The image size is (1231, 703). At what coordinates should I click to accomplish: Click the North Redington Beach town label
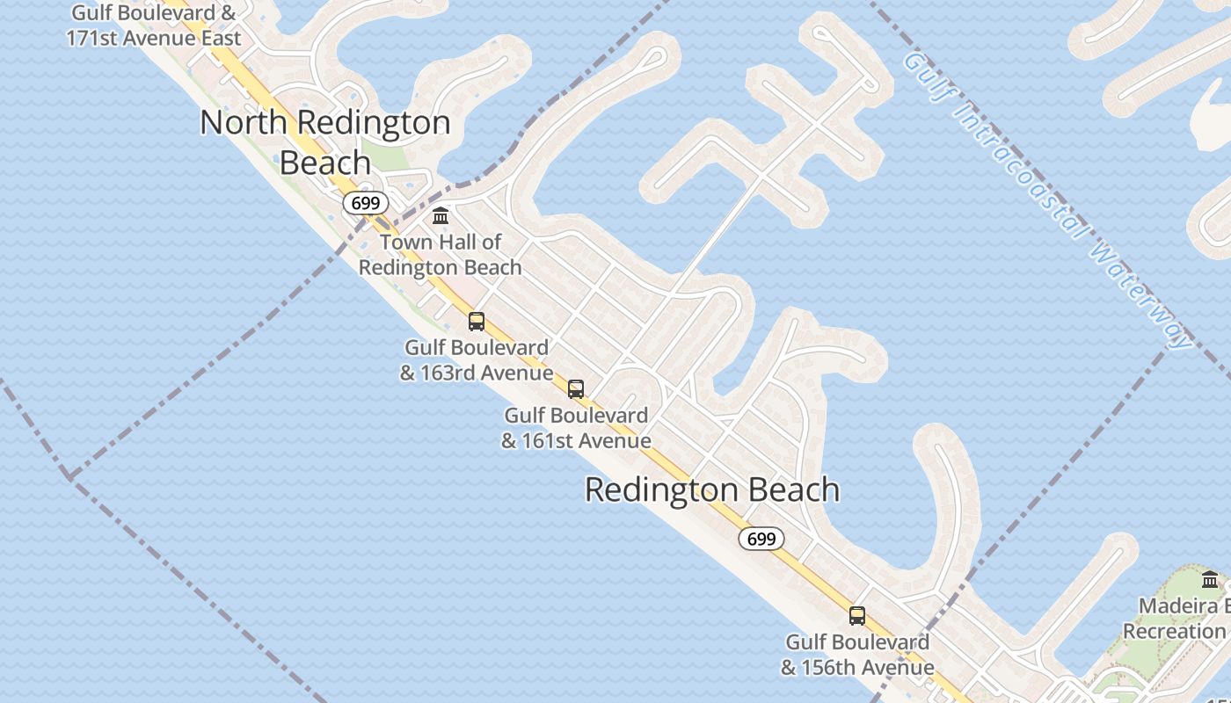[x=324, y=141]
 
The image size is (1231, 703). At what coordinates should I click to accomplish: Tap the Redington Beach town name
[x=712, y=489]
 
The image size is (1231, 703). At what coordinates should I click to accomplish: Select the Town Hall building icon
[x=441, y=215]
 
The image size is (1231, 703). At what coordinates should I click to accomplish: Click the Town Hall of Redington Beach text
[x=441, y=255]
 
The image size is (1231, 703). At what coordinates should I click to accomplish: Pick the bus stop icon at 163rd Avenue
[x=477, y=322]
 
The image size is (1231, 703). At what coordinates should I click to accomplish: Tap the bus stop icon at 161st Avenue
[x=576, y=388]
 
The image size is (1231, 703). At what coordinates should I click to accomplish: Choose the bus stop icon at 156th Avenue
[x=857, y=616]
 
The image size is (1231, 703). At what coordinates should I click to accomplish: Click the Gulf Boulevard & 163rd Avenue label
[x=477, y=360]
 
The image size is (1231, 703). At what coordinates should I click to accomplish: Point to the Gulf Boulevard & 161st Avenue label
[x=576, y=428]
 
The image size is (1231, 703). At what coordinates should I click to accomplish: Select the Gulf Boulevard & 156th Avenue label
[x=857, y=656]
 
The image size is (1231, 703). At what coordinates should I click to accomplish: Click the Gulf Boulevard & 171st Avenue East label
[x=154, y=26]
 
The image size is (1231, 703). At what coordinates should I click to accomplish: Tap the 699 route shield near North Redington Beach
[x=365, y=204]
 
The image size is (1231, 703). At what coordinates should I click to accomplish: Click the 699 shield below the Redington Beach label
[x=761, y=539]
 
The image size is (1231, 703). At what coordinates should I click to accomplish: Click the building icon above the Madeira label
[x=1210, y=579]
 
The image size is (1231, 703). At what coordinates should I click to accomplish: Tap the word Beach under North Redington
[x=324, y=163]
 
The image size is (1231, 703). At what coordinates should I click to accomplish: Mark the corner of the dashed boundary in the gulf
[x=69, y=477]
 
